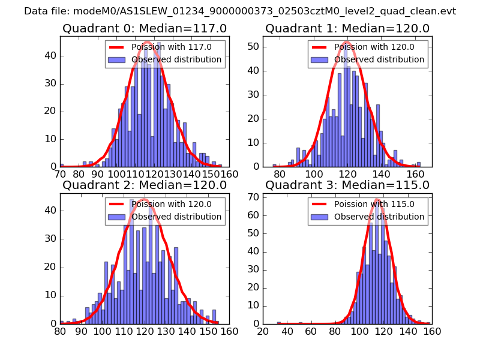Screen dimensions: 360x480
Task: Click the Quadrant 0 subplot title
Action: click(145, 28)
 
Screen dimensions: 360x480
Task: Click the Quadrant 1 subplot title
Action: click(347, 28)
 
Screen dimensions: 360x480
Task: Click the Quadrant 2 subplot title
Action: click(145, 185)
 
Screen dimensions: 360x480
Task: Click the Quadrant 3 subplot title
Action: click(347, 185)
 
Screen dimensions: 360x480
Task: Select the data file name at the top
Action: click(240, 11)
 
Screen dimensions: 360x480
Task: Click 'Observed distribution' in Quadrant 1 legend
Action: click(379, 59)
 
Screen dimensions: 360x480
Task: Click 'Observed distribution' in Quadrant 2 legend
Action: click(176, 217)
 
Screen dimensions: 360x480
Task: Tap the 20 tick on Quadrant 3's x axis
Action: click(263, 331)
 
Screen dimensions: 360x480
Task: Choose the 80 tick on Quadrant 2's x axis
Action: click(60, 331)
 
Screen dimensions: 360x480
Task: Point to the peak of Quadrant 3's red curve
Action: click(377, 199)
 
